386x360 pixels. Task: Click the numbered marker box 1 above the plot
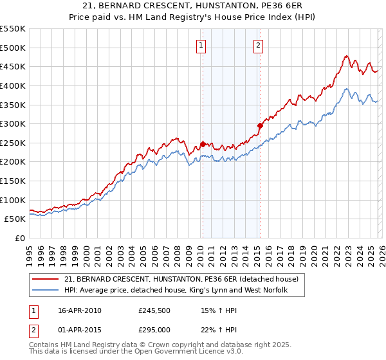[201, 45]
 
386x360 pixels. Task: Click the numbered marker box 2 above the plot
[258, 45]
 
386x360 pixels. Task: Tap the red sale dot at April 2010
[203, 144]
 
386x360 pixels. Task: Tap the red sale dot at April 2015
[260, 125]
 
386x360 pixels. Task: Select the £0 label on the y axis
[20, 238]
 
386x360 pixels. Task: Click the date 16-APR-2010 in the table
[79, 310]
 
